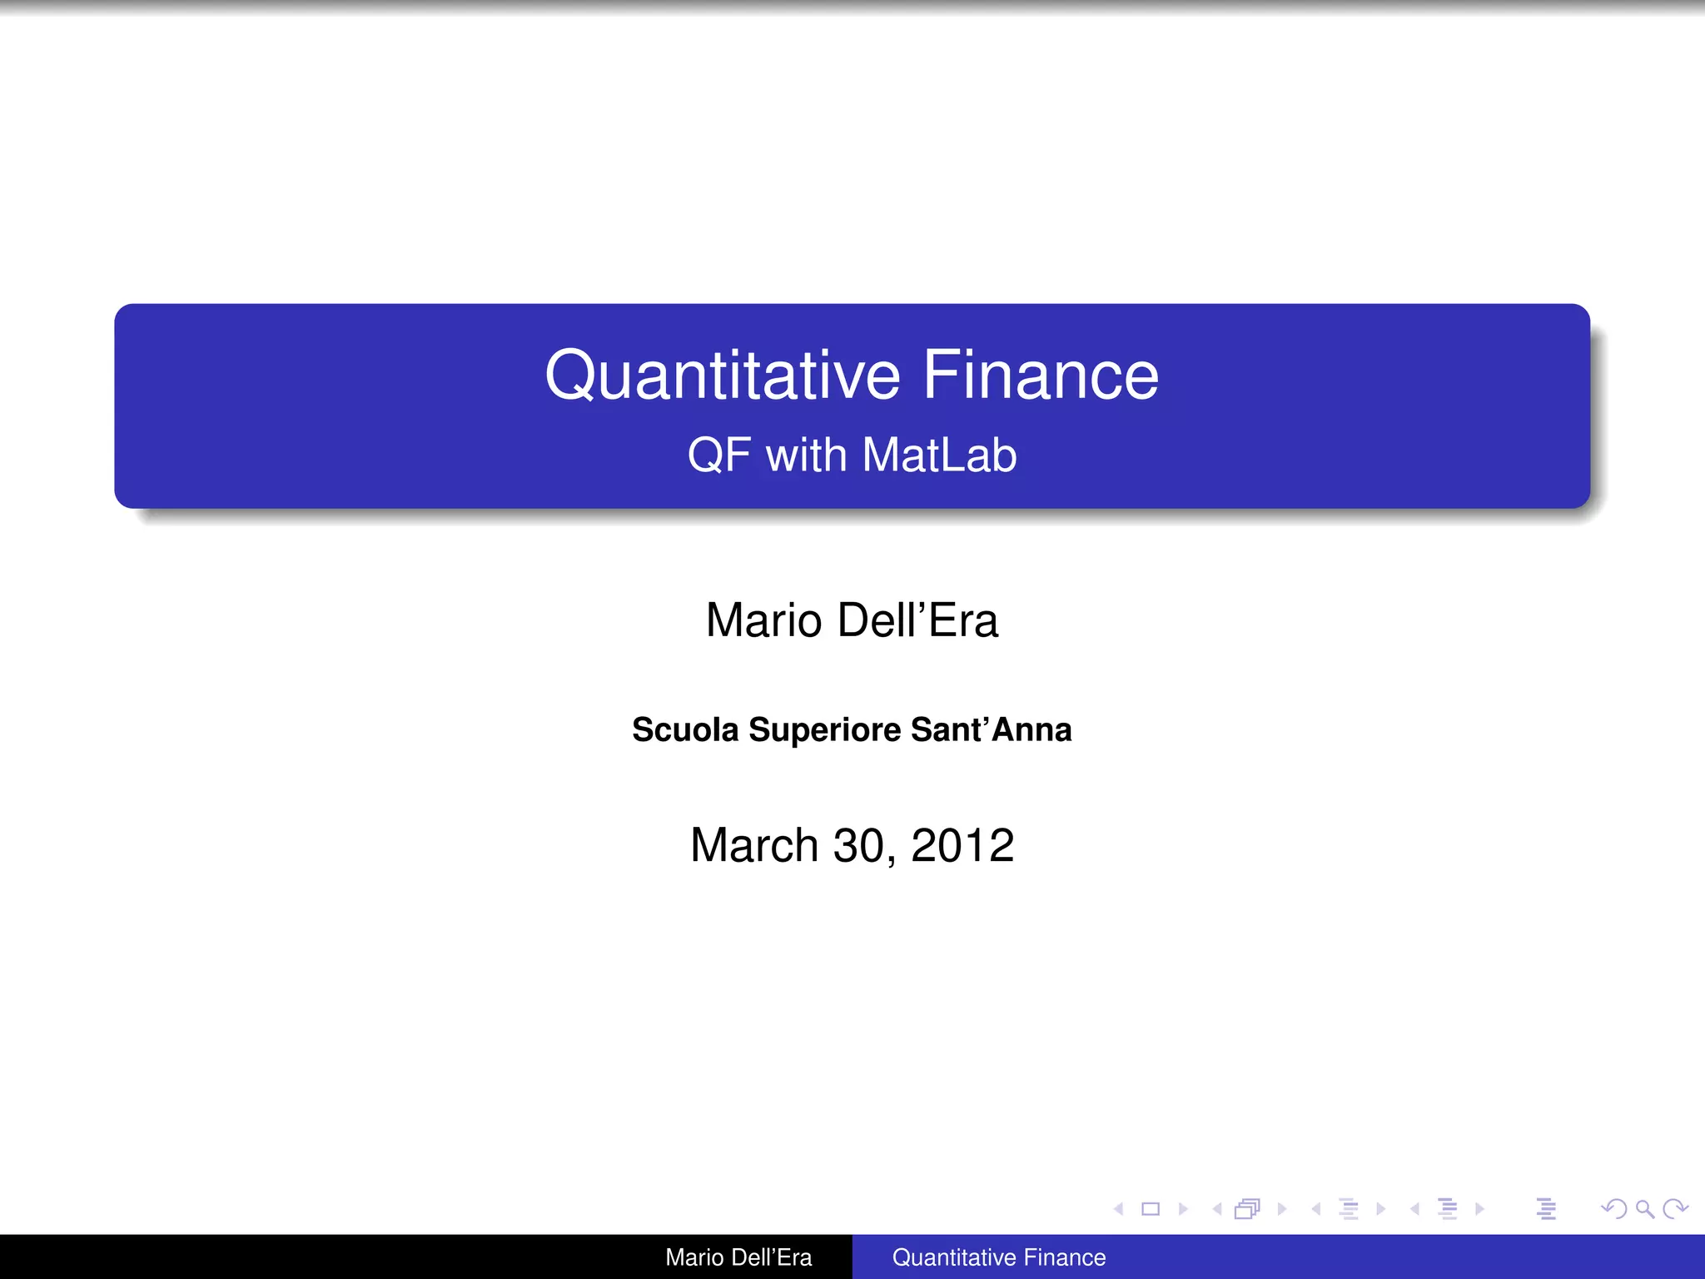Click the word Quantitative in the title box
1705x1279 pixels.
click(722, 376)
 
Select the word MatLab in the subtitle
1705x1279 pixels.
click(939, 455)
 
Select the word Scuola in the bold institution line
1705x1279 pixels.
click(685, 729)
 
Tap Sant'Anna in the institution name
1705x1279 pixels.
click(991, 729)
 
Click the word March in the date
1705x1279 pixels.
click(754, 845)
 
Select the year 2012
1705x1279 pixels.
click(962, 845)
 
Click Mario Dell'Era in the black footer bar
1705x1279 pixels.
click(738, 1257)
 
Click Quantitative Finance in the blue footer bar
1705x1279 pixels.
click(999, 1257)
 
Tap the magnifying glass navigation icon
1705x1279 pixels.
click(1644, 1209)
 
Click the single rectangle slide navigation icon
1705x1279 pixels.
click(1151, 1209)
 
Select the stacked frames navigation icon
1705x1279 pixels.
click(1247, 1209)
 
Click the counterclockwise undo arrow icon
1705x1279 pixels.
click(1613, 1209)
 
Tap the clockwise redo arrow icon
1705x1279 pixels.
click(1675, 1209)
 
